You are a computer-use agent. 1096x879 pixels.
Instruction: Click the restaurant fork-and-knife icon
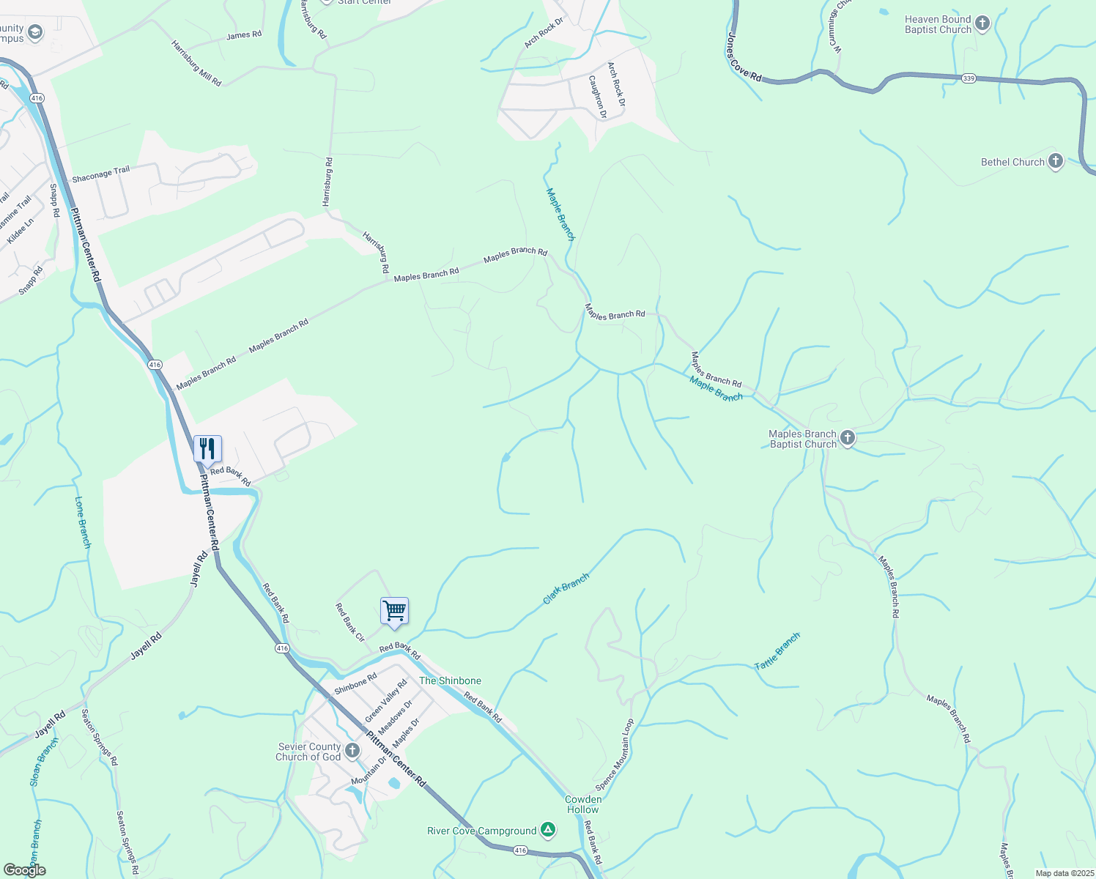207,449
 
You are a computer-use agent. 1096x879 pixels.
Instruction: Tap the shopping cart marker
394,611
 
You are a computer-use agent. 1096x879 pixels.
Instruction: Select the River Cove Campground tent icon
547,831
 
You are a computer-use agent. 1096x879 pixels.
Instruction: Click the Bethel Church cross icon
1055,162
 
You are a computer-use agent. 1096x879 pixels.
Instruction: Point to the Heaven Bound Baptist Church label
938,25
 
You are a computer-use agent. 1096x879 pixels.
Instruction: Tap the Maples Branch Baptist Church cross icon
847,439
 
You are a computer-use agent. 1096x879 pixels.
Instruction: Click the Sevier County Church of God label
308,752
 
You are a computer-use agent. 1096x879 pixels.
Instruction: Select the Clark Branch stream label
566,589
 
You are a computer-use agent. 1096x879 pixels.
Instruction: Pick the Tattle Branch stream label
777,651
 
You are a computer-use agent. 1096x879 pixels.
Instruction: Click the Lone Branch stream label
84,522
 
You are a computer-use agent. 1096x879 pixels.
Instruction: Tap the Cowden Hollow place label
583,804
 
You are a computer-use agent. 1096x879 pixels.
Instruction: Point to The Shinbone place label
450,680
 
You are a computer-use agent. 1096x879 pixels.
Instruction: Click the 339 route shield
969,78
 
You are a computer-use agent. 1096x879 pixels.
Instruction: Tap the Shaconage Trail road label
100,174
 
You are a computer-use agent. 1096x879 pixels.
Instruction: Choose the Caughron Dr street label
598,96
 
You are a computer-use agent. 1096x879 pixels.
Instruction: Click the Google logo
25,870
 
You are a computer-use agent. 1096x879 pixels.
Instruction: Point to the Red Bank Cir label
349,623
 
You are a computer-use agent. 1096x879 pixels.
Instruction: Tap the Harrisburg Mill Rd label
196,64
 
